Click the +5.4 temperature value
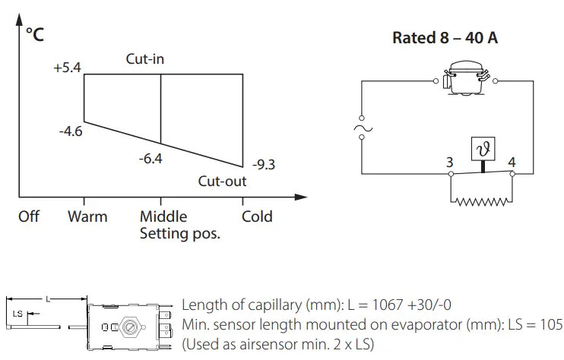[x=66, y=68]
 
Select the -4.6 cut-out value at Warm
[x=70, y=131]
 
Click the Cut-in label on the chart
[x=145, y=58]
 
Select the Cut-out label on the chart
[x=222, y=182]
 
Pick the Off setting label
[x=29, y=216]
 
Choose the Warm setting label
[x=87, y=216]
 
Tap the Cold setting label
[x=257, y=216]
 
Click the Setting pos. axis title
[x=180, y=234]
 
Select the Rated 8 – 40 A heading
[x=445, y=38]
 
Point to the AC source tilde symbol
[x=360, y=130]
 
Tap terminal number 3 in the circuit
[x=450, y=162]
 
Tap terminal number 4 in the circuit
[x=511, y=162]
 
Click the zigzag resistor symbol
[x=480, y=201]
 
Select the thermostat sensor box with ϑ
[x=481, y=150]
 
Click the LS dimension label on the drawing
[x=18, y=313]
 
